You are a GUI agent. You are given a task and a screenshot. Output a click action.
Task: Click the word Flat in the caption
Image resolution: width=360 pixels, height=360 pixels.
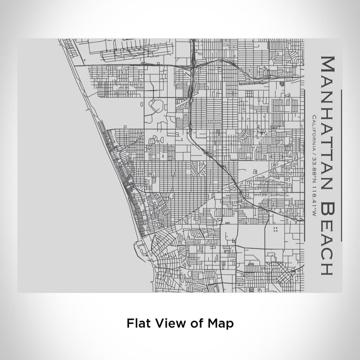coord(138,323)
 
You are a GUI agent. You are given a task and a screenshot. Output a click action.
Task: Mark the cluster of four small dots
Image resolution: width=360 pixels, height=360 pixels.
coord(276,229)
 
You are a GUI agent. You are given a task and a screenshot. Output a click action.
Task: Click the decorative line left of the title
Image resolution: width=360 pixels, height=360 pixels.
coord(305,165)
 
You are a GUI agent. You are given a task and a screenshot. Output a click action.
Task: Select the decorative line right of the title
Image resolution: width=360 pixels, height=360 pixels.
coord(341,165)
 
